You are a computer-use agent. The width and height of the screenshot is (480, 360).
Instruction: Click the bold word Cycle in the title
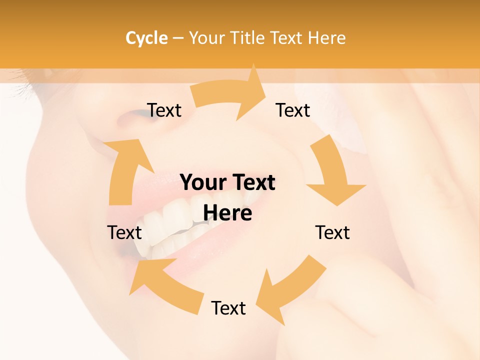tap(146, 38)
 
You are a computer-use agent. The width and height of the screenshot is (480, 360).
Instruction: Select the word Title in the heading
tap(247, 38)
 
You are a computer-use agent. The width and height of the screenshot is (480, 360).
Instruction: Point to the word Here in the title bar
tap(327, 38)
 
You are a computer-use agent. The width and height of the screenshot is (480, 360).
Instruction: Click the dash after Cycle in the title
tap(178, 38)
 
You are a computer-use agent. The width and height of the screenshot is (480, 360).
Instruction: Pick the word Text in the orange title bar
tap(286, 38)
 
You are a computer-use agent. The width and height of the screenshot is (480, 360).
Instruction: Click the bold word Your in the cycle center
tap(202, 182)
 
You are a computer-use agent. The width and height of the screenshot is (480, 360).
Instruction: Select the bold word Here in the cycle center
tap(227, 213)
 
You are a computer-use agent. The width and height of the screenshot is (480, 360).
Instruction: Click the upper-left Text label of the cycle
tap(164, 110)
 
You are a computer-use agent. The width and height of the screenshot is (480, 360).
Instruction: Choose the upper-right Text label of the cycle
tap(293, 110)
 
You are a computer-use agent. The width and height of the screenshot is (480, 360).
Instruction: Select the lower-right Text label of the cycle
tap(332, 232)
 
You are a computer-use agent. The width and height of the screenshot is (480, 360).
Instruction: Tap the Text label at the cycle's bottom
tap(228, 308)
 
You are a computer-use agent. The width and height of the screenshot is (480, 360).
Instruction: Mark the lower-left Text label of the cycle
tap(124, 232)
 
